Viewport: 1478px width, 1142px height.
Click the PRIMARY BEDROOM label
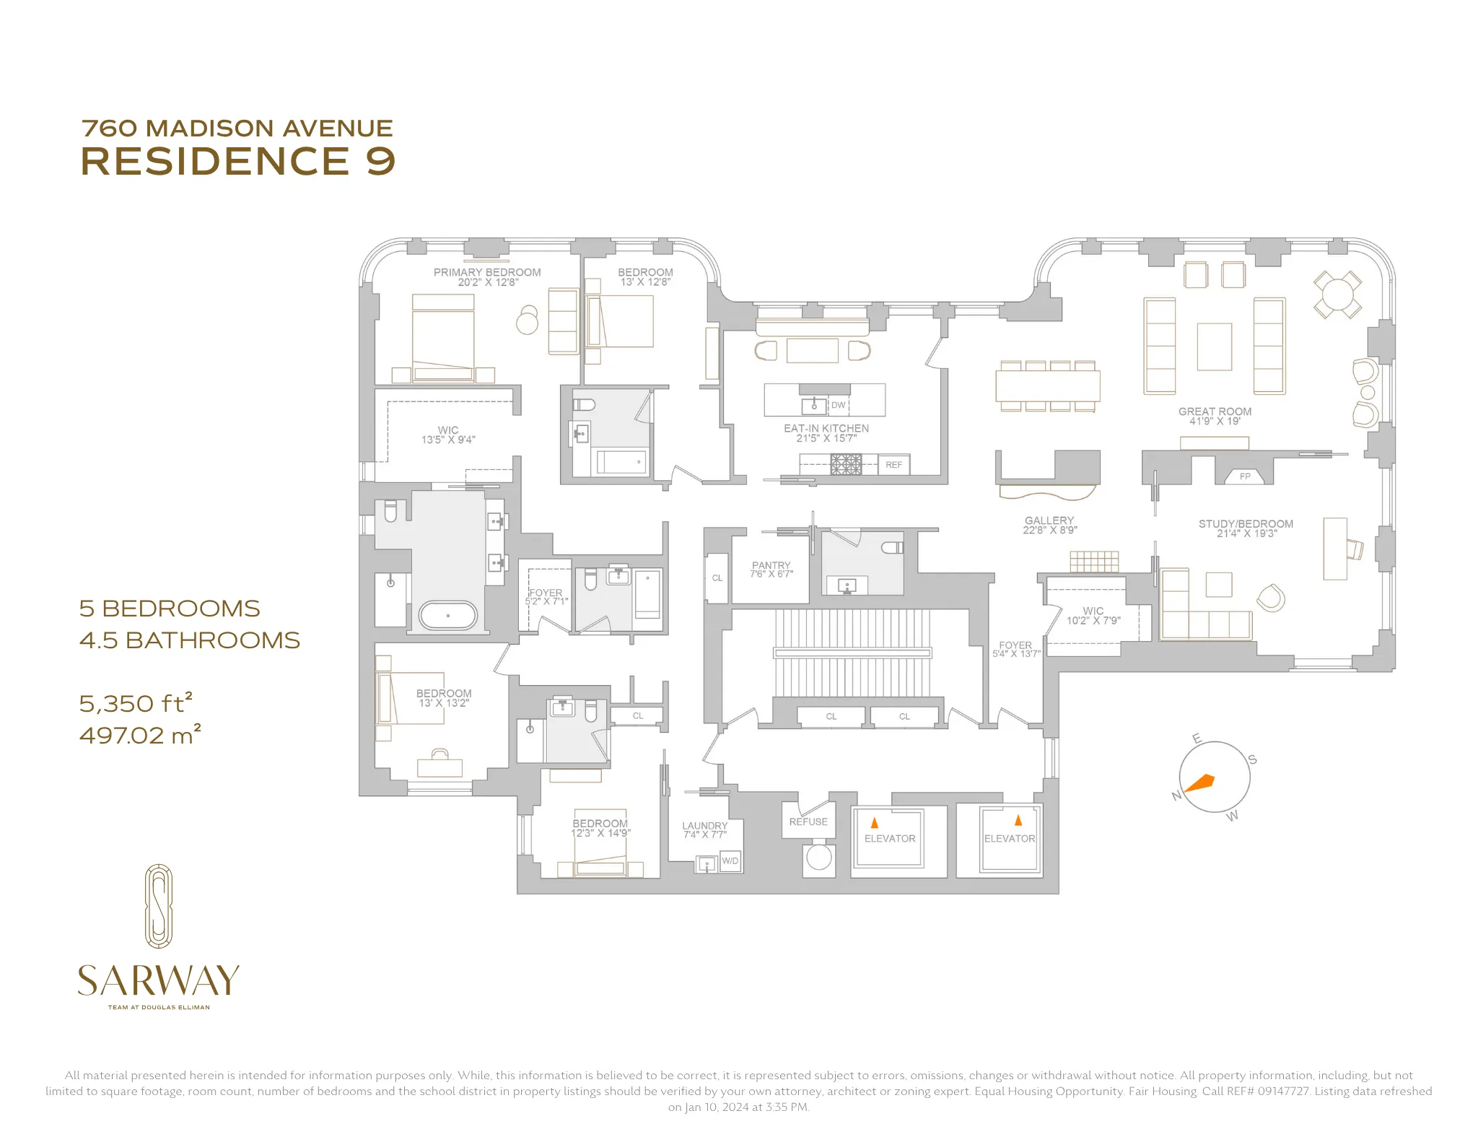(x=487, y=272)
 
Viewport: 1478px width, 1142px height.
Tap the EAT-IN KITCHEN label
(x=826, y=428)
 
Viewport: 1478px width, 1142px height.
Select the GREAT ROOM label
(x=1215, y=411)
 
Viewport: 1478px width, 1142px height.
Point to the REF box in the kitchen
(x=893, y=465)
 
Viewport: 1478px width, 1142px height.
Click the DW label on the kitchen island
(x=838, y=405)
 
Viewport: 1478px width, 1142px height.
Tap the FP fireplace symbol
(x=1244, y=476)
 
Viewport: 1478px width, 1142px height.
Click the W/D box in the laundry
(x=730, y=861)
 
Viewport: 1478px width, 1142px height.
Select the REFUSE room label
(x=808, y=821)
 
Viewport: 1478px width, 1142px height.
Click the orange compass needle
(x=1201, y=783)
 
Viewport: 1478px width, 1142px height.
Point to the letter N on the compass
(x=1176, y=796)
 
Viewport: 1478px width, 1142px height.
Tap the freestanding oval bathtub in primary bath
(x=448, y=616)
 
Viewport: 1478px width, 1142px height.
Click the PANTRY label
(x=771, y=565)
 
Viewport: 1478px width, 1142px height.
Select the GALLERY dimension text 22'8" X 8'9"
(x=1049, y=530)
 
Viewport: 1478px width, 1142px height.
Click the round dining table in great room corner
(x=1337, y=294)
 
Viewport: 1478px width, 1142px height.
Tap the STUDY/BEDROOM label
(x=1246, y=523)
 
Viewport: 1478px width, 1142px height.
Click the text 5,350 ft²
(x=136, y=703)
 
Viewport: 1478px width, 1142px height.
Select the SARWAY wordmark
(x=158, y=980)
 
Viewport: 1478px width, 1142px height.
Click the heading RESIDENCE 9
(x=238, y=161)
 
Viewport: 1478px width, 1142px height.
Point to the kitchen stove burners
(x=846, y=464)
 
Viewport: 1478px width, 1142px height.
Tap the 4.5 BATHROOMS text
(x=189, y=640)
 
